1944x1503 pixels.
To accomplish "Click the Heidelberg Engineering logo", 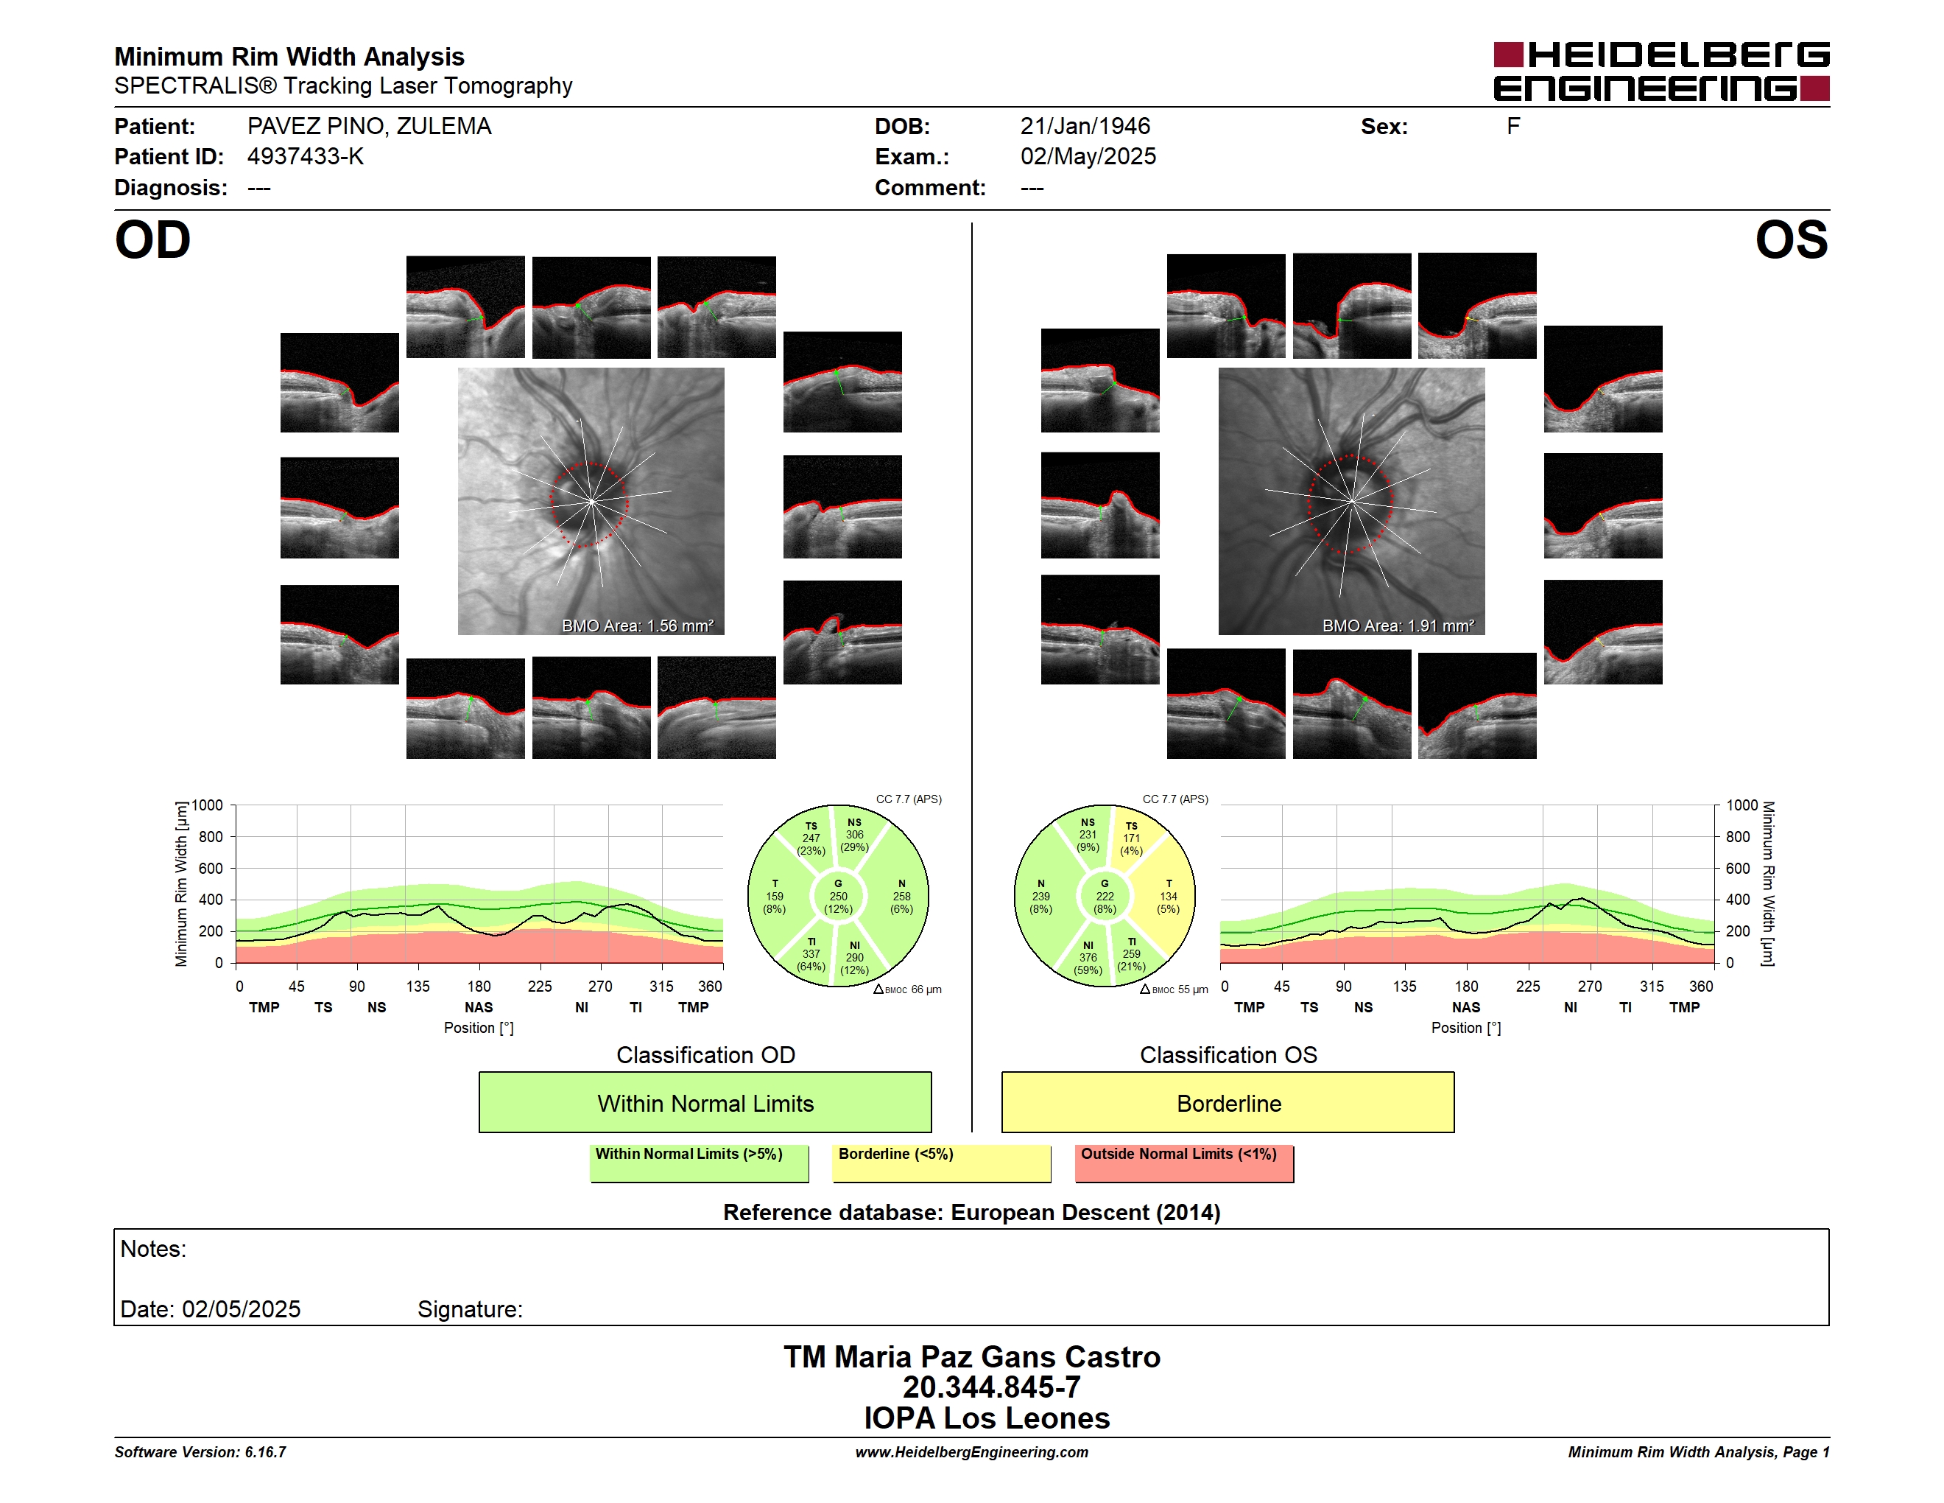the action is tap(1661, 71).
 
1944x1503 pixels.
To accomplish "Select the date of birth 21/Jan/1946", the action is tap(1085, 127).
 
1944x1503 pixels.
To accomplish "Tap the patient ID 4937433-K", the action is tap(306, 157).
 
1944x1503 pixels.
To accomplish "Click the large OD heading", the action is tap(152, 240).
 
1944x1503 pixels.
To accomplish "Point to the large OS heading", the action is tap(1791, 240).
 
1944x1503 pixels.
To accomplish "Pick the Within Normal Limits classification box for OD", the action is tap(705, 1102).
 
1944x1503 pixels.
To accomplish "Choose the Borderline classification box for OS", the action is tap(1228, 1102).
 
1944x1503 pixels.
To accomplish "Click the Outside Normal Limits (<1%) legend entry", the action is tap(1184, 1163).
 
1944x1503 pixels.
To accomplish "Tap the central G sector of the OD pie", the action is tap(837, 897).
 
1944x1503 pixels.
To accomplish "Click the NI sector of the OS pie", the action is tap(1087, 957).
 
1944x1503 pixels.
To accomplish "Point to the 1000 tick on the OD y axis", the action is tap(208, 806).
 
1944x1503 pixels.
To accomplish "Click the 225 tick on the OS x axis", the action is tap(1527, 987).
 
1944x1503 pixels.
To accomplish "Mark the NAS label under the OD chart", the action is tap(478, 1007).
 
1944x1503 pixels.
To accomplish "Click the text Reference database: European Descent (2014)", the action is tap(971, 1213).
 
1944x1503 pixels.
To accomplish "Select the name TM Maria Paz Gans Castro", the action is tap(971, 1356).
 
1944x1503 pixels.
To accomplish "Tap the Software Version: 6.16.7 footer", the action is tap(200, 1452).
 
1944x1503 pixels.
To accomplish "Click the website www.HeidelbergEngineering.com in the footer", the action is tap(971, 1452).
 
